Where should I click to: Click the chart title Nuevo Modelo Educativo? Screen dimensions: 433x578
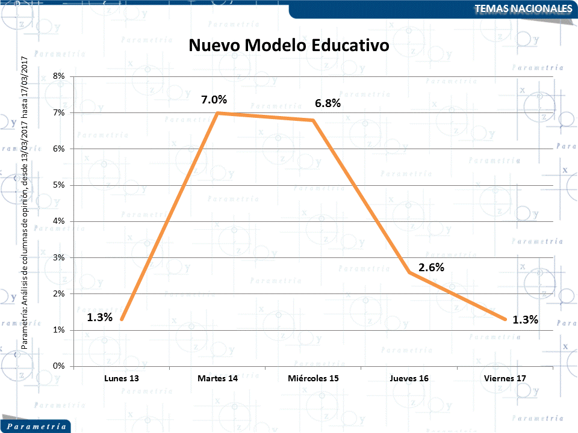pos(289,46)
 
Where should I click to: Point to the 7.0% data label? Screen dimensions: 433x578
pos(214,99)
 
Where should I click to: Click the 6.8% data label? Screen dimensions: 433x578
pos(328,103)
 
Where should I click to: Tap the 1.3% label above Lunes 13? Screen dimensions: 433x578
pos(99,318)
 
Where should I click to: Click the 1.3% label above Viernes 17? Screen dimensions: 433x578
pos(525,319)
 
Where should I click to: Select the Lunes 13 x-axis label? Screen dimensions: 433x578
pos(121,379)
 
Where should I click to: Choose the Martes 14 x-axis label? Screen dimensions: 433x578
pos(217,379)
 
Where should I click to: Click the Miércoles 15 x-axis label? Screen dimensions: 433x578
pos(313,379)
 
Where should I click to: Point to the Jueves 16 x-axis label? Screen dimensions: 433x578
pos(409,379)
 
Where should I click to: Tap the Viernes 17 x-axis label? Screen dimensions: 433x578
pos(505,379)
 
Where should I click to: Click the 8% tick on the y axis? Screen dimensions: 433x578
pos(58,76)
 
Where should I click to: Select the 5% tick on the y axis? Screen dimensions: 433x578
pos(58,185)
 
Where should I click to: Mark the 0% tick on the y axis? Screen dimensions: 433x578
pos(58,366)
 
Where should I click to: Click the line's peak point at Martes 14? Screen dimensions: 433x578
pos(217,112)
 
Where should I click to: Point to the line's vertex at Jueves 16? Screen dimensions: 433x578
pos(409,272)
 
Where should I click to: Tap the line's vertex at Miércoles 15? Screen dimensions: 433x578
pos(313,120)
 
